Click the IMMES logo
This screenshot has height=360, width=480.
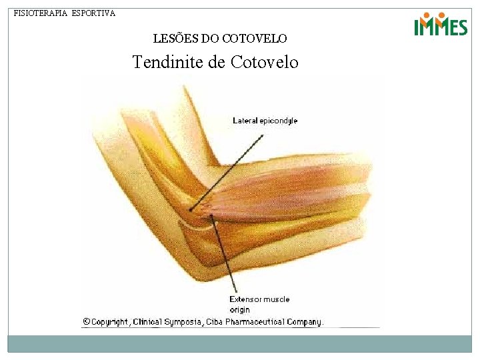(441, 25)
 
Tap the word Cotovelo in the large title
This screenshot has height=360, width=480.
(265, 63)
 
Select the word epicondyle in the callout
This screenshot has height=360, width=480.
(278, 121)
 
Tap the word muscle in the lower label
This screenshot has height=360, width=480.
(277, 299)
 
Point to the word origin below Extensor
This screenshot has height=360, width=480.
(239, 309)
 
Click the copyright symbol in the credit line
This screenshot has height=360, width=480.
(86, 321)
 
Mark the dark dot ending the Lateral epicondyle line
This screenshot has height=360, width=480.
(191, 210)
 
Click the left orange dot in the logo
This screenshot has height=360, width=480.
(426, 15)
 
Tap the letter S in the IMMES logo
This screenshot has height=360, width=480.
(461, 28)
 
